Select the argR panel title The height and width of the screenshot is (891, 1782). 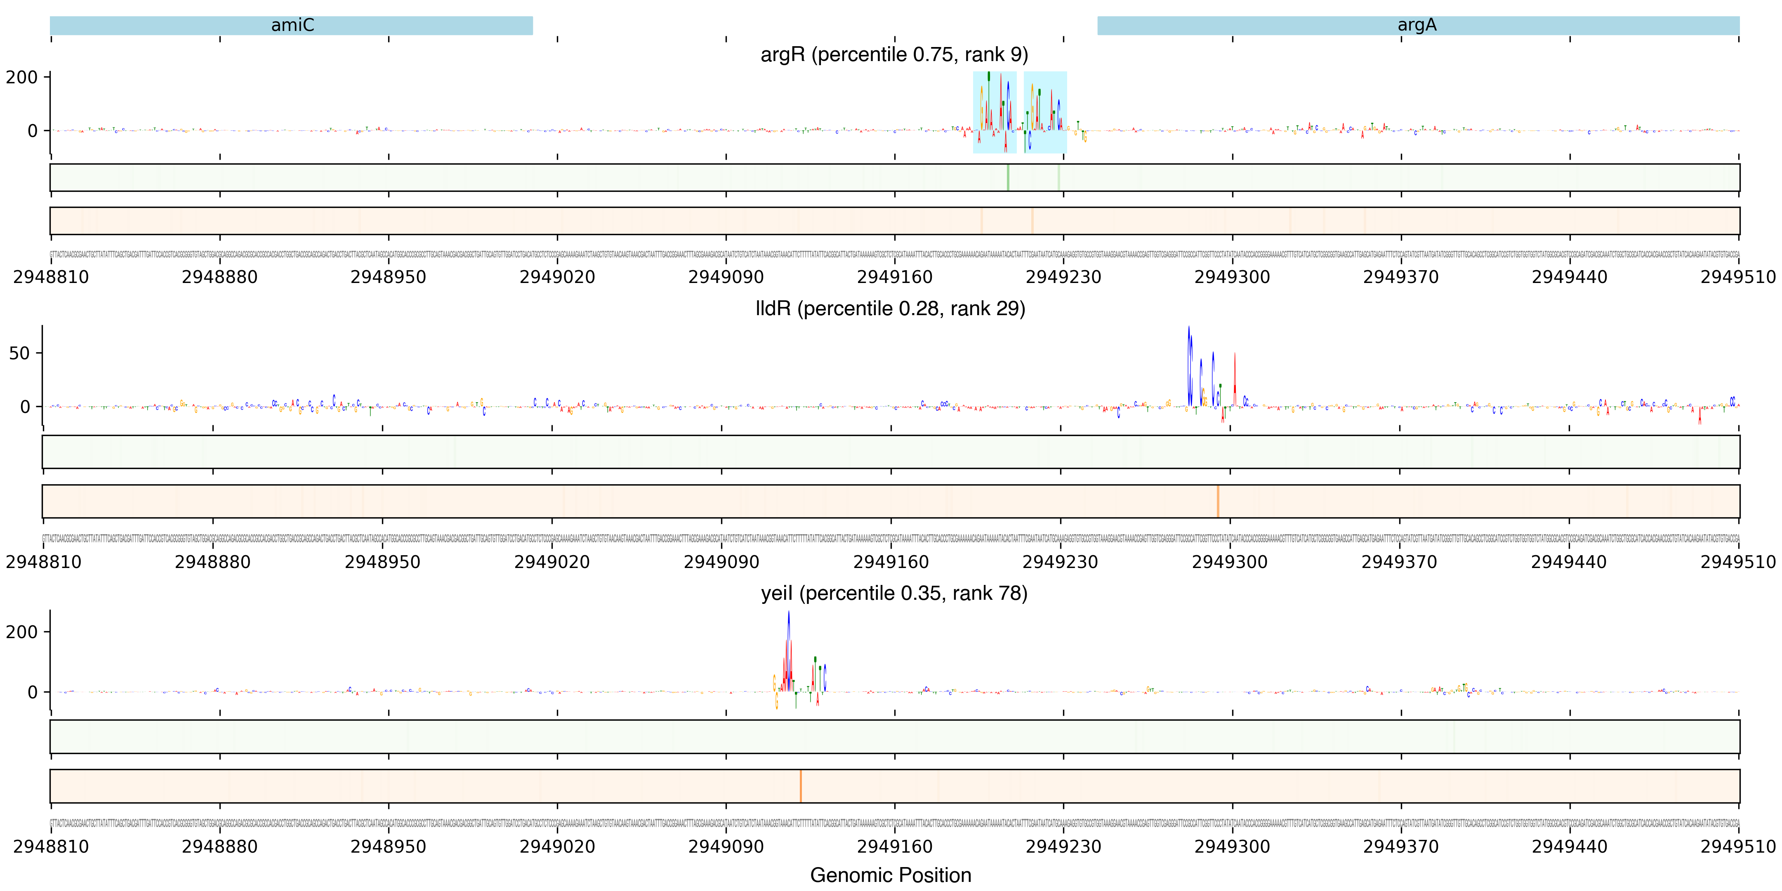point(894,54)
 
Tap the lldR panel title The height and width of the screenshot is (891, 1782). point(890,309)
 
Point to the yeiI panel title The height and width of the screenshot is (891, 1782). point(894,594)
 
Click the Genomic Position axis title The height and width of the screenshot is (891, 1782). point(890,875)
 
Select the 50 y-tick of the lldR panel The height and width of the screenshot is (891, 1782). point(19,354)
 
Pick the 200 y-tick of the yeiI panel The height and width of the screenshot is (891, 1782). point(22,632)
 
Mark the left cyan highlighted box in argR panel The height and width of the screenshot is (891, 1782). point(994,112)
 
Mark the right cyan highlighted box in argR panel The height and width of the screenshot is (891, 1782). point(1044,112)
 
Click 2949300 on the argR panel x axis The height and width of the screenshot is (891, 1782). point(1232,277)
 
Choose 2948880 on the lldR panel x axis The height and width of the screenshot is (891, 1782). point(212,562)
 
